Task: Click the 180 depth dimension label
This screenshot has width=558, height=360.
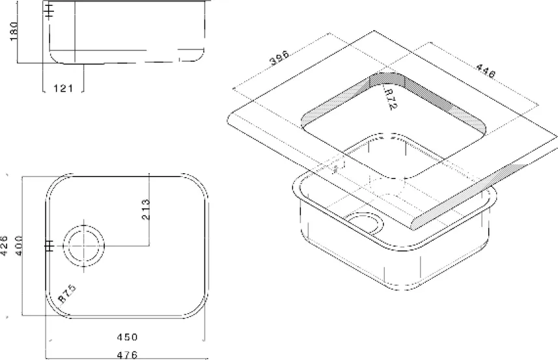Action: click(14, 31)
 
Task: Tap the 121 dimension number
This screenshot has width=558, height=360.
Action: click(63, 89)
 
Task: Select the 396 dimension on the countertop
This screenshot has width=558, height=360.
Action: click(279, 58)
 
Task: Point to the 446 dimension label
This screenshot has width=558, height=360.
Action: click(485, 71)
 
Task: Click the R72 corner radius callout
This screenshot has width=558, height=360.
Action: click(391, 98)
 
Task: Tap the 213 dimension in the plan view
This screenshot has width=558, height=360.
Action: click(146, 209)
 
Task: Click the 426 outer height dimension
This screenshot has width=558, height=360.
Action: click(4, 245)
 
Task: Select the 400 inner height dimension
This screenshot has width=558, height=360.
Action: click(18, 245)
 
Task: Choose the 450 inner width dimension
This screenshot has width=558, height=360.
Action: click(127, 337)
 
